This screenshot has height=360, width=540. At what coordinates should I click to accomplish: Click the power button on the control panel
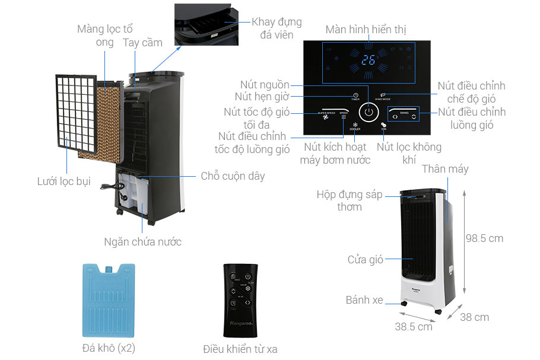(369, 111)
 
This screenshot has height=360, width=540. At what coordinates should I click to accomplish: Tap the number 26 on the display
(369, 60)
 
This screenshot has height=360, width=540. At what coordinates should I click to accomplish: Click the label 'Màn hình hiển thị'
(366, 30)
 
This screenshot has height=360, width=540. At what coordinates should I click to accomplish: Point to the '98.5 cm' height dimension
(484, 238)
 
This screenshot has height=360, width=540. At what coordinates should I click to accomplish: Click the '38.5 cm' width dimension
(414, 327)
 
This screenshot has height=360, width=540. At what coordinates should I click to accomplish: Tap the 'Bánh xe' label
(364, 300)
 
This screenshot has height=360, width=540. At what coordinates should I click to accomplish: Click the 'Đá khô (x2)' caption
(109, 348)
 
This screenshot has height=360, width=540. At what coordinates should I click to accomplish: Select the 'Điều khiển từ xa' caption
(240, 349)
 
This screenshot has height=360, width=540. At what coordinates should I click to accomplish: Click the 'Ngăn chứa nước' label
(142, 242)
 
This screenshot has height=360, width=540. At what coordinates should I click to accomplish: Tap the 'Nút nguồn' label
(265, 85)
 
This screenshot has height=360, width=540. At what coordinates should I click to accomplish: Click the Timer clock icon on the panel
(355, 95)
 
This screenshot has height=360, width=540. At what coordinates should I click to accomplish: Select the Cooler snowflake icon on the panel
(355, 125)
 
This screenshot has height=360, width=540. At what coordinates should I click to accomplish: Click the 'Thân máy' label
(445, 169)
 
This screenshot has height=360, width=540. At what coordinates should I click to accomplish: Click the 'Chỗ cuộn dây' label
(233, 176)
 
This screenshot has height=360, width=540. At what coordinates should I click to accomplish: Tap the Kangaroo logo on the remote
(239, 324)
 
